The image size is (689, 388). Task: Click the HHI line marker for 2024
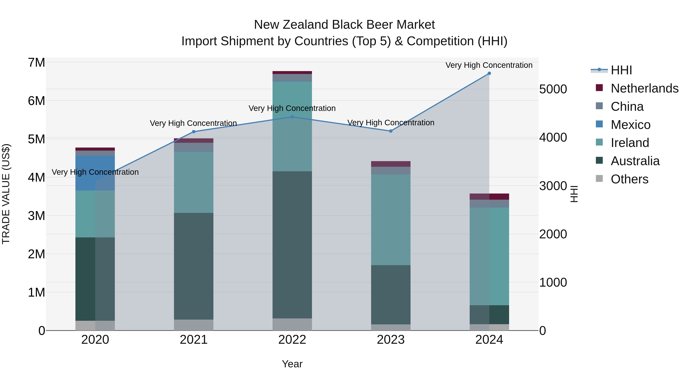click(489, 73)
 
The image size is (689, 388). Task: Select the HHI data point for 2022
click(292, 117)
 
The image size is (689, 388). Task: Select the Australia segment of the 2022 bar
click(292, 244)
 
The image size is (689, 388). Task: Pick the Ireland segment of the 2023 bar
click(390, 220)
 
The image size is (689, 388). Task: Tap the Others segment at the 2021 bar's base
click(194, 325)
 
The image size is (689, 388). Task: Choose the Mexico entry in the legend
click(630, 125)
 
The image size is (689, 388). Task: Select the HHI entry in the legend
click(621, 70)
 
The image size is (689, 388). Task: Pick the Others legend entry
click(629, 179)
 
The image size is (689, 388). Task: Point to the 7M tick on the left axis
click(36, 63)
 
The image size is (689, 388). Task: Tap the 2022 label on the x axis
click(292, 340)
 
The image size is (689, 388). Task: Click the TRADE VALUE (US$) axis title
click(6, 194)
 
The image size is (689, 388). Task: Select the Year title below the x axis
click(292, 364)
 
